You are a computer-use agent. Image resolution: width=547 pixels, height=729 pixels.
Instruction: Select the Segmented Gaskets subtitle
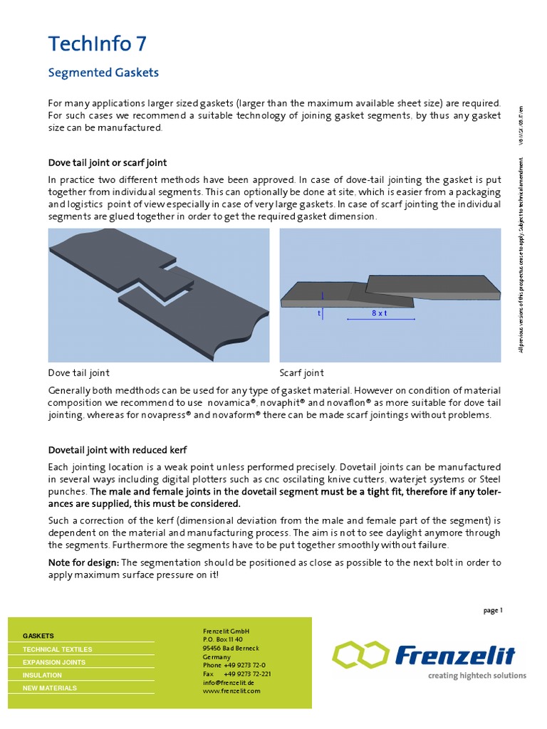tap(103, 73)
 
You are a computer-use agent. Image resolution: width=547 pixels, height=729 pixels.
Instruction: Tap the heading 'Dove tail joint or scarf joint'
tap(107, 163)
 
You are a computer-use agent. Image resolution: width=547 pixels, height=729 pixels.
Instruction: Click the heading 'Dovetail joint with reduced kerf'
tap(118, 450)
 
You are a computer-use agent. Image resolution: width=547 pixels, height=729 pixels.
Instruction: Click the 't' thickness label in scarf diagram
tap(320, 313)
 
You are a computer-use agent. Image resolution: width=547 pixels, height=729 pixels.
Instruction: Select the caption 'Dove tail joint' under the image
tap(78, 372)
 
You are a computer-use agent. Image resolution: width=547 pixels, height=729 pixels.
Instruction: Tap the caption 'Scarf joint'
tap(301, 372)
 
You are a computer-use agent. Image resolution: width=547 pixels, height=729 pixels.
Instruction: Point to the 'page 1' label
tap(493, 609)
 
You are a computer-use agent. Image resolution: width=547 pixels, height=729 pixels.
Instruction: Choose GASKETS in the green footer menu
tap(38, 635)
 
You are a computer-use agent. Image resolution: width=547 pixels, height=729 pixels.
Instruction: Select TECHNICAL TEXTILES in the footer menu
tap(57, 649)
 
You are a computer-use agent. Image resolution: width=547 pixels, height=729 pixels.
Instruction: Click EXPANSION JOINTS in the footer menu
tap(54, 662)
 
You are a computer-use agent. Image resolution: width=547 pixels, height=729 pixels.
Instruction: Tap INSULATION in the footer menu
tap(42, 675)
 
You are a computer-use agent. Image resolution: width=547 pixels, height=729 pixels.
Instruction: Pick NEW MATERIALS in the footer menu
tap(50, 688)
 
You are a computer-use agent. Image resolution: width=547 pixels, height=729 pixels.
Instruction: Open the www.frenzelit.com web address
tap(231, 691)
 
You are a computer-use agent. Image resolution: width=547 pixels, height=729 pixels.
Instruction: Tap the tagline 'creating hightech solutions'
tap(476, 676)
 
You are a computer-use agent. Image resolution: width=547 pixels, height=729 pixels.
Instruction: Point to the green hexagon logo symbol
tap(359, 654)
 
